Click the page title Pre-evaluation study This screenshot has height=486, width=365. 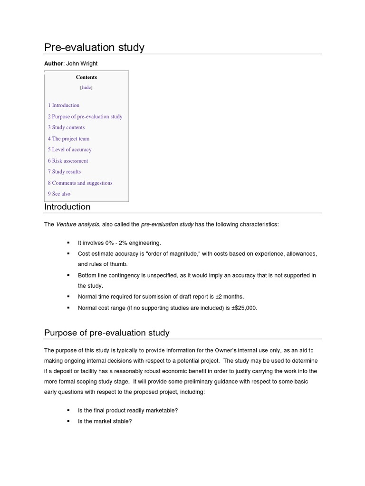pyautogui.click(x=94, y=47)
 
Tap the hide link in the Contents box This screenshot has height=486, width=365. pyautogui.click(x=86, y=87)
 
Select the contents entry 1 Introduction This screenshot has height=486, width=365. pyautogui.click(x=64, y=105)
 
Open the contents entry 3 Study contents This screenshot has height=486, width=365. pyautogui.click(x=66, y=127)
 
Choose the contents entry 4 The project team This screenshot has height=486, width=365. pyautogui.click(x=68, y=139)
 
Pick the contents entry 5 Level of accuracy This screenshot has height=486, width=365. pyautogui.click(x=69, y=150)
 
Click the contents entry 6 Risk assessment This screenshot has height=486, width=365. pyautogui.click(x=68, y=161)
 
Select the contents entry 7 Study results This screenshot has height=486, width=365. pyautogui.click(x=64, y=172)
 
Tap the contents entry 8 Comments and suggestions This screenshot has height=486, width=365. pyautogui.click(x=80, y=183)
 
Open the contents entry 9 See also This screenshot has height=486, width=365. pyautogui.click(x=59, y=194)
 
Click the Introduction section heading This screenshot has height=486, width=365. pyautogui.click(x=67, y=207)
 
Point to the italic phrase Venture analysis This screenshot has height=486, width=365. pyautogui.click(x=77, y=224)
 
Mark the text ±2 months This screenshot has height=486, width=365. pyautogui.click(x=230, y=297)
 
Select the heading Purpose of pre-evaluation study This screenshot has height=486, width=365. pyautogui.click(x=106, y=333)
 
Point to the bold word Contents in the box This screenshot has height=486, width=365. pyautogui.click(x=86, y=77)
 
